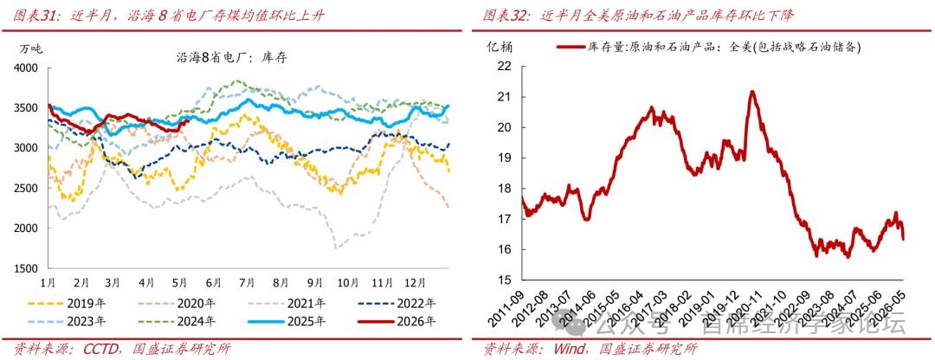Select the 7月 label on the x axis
(x=248, y=281)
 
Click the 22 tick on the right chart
(x=504, y=66)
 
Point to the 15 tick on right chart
(x=504, y=280)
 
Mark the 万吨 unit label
(x=32, y=48)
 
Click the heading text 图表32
(x=506, y=16)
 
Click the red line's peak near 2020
(x=752, y=91)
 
